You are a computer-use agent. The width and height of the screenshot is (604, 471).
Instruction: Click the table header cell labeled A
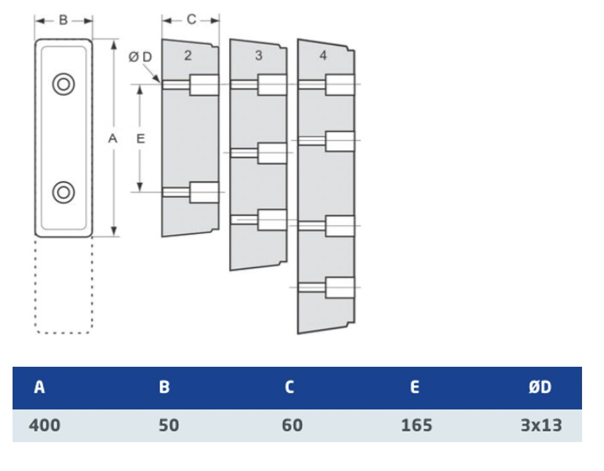tap(40, 387)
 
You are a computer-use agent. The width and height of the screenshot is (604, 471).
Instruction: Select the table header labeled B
tap(164, 387)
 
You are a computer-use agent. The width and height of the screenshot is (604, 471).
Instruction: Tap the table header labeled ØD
tap(540, 387)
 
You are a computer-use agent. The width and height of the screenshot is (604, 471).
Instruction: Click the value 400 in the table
tap(45, 425)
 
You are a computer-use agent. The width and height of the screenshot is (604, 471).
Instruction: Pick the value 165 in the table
tap(416, 425)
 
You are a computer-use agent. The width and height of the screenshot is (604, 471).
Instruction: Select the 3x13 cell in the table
tap(541, 425)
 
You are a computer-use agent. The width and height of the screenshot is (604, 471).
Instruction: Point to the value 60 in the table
tap(292, 425)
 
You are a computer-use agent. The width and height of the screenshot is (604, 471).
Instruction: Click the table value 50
tap(169, 425)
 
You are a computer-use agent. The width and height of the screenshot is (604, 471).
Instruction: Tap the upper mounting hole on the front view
tap(63, 84)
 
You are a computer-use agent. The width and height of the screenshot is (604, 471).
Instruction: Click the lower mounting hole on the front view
tap(63, 192)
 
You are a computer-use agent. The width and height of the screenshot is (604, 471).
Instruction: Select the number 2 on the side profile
tap(188, 55)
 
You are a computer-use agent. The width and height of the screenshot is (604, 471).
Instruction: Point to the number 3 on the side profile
tap(259, 55)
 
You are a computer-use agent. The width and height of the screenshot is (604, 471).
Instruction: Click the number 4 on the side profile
tap(323, 55)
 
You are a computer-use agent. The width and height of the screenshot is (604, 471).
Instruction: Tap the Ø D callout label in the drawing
tap(140, 57)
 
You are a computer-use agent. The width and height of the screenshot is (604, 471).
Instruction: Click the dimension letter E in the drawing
tap(141, 138)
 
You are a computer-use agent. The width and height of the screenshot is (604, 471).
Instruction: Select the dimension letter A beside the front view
tap(112, 138)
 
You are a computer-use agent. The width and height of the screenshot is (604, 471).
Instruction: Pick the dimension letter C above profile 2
tap(191, 19)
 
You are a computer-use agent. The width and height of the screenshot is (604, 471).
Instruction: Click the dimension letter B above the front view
tap(63, 20)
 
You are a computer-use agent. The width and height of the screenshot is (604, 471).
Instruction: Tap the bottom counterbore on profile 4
tap(340, 288)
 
